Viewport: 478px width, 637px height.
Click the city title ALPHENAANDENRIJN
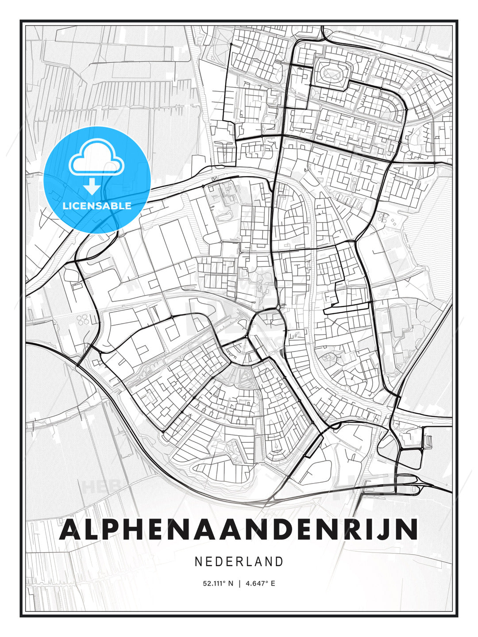(239, 529)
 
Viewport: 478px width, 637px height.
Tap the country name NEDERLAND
(239, 561)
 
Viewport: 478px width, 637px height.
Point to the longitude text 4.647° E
(260, 583)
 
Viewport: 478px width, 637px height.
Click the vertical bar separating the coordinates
(239, 583)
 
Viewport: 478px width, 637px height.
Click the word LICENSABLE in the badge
(97, 206)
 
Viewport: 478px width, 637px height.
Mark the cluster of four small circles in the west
(83, 319)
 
